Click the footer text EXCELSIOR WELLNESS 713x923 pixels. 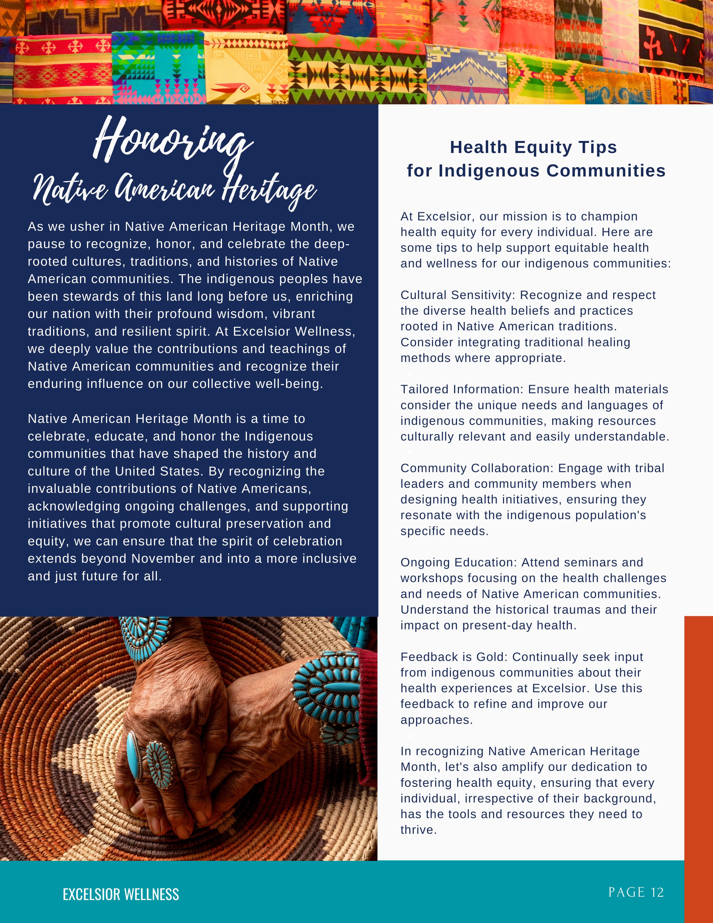pyautogui.click(x=121, y=894)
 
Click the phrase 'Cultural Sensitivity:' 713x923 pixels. pyautogui.click(x=458, y=295)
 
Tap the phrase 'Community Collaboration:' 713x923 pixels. pyautogui.click(x=477, y=468)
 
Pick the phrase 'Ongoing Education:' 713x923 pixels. pyautogui.click(x=459, y=562)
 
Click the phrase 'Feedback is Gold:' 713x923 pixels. pyautogui.click(x=454, y=657)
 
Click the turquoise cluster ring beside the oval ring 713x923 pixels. pyautogui.click(x=159, y=765)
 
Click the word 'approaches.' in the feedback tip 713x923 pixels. pyautogui.click(x=437, y=720)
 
